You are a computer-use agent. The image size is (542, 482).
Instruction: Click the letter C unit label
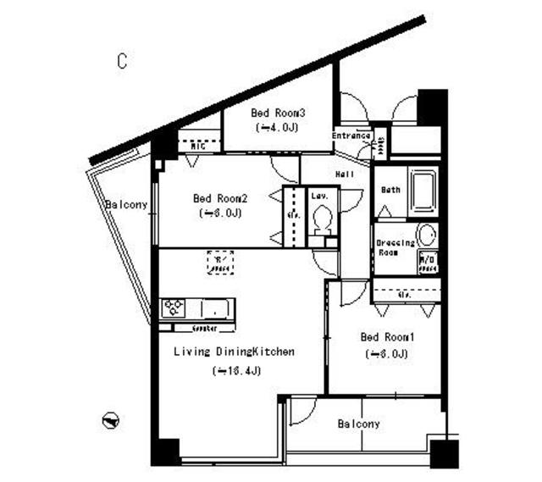(x=123, y=61)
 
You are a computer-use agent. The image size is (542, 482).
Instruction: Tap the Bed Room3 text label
(x=278, y=113)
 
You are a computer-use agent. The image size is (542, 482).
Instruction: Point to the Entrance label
(x=351, y=136)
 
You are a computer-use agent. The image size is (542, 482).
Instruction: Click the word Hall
(x=345, y=174)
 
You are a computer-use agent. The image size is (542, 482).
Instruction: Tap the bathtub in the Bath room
(x=421, y=191)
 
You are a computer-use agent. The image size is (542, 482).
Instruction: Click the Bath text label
(x=390, y=190)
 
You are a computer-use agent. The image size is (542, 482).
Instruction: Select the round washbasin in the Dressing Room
(x=427, y=235)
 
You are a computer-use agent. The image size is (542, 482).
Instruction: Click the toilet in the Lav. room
(x=322, y=219)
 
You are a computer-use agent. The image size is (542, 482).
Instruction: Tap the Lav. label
(x=319, y=194)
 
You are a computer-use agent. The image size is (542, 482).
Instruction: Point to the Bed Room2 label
(x=220, y=198)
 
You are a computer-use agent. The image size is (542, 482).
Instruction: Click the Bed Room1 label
(x=387, y=336)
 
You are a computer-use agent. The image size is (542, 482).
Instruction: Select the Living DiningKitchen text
(x=234, y=352)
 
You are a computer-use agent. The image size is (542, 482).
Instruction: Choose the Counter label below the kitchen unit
(x=204, y=327)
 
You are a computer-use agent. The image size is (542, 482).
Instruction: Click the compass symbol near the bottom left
(x=110, y=419)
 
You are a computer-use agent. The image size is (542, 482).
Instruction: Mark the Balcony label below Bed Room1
(x=358, y=424)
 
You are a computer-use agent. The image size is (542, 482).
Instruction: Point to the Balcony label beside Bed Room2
(x=126, y=205)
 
